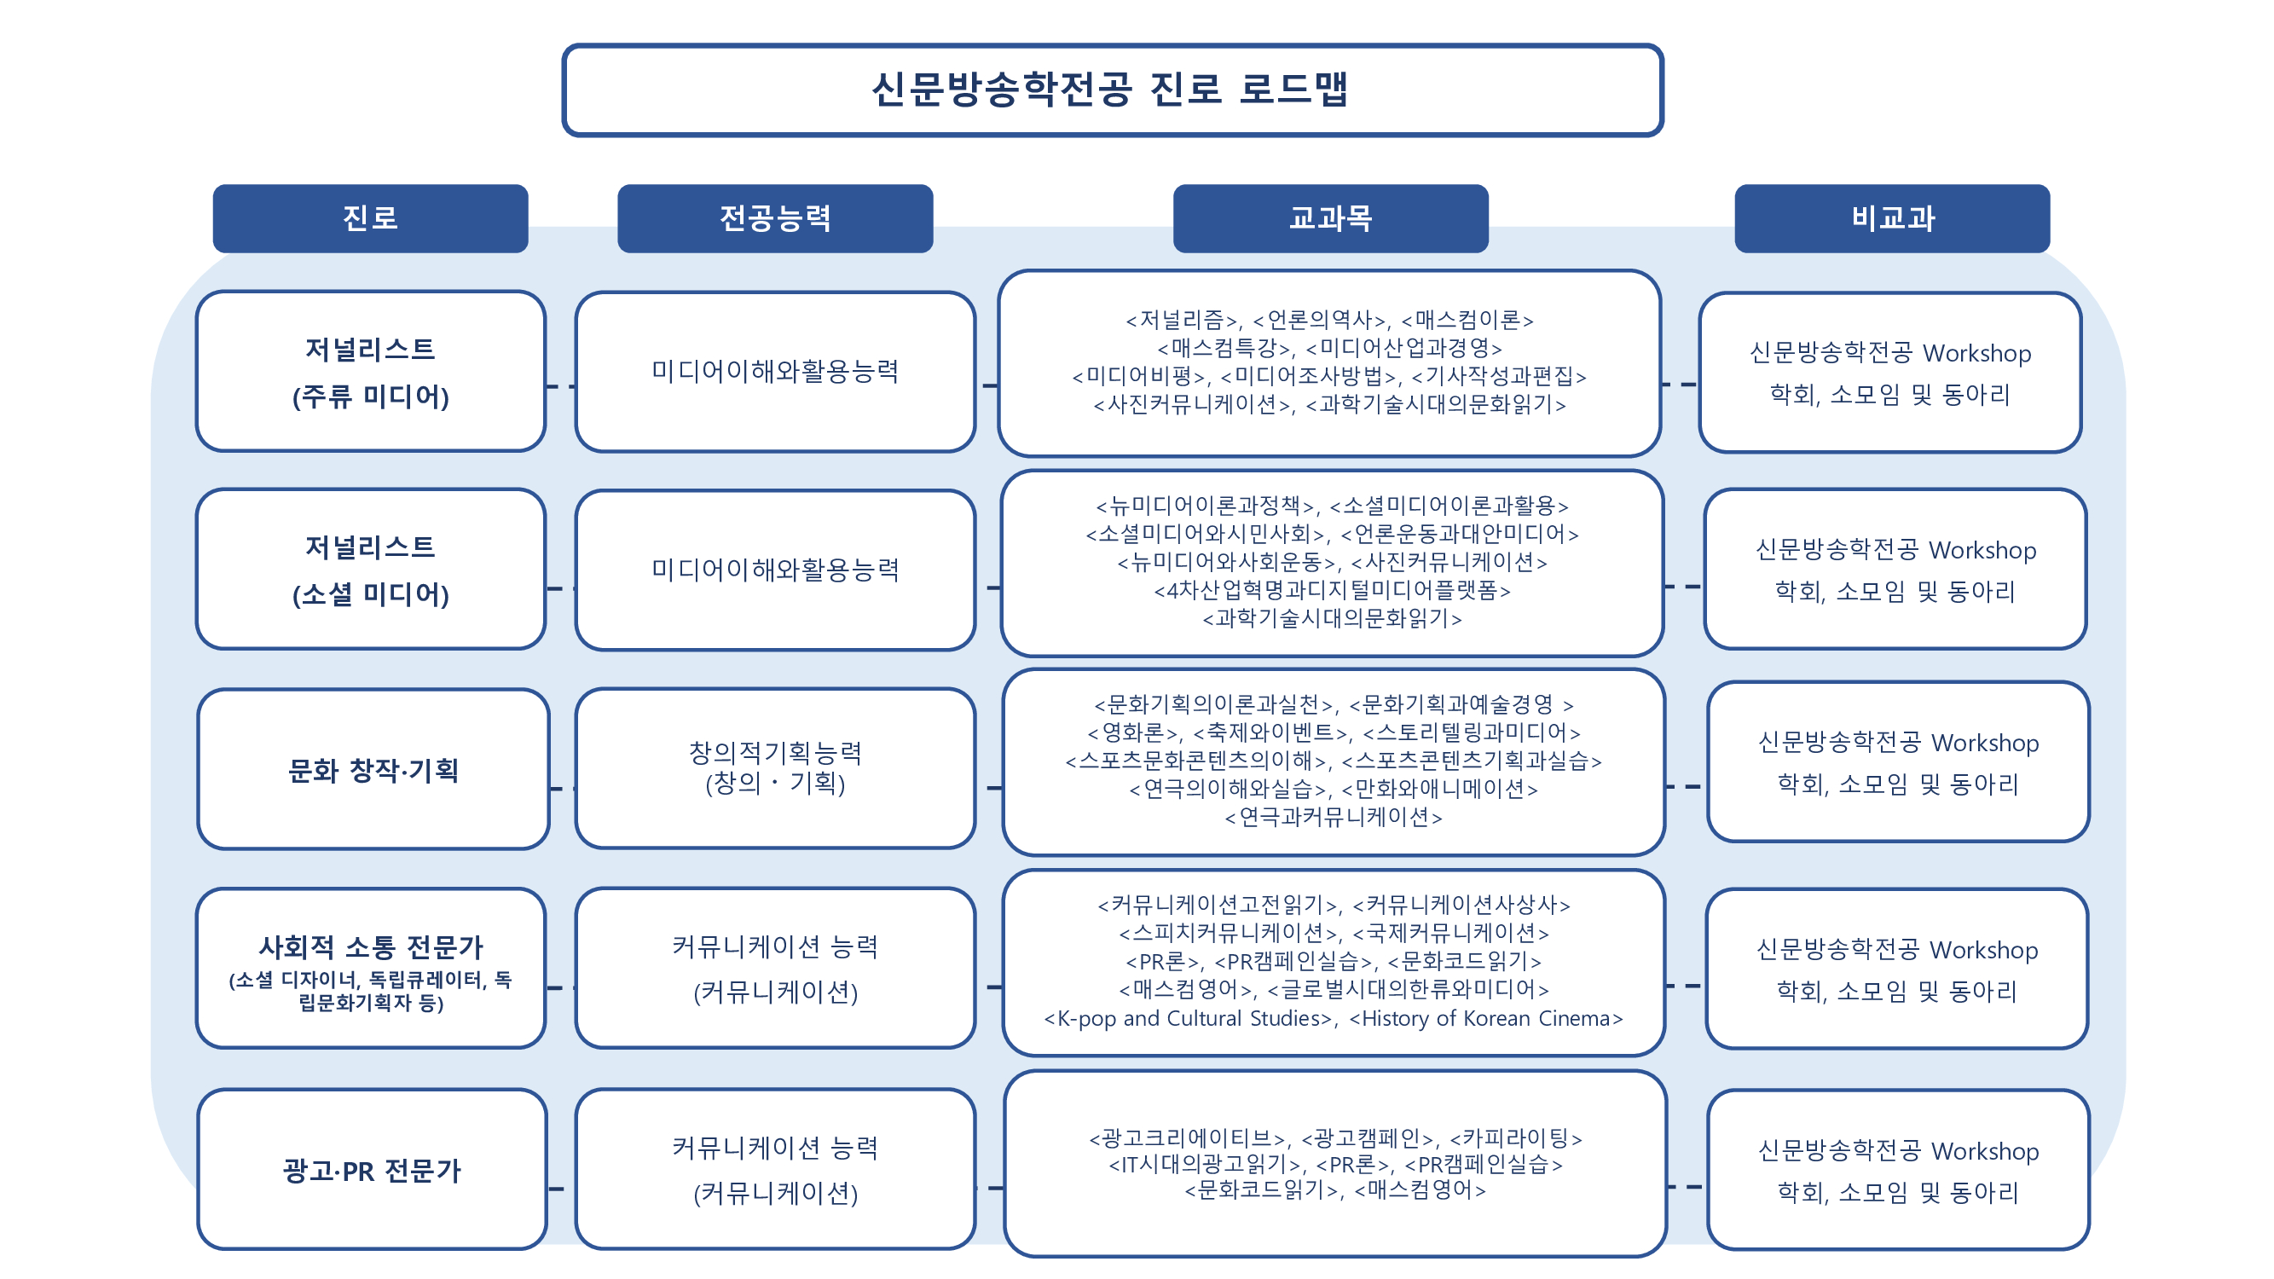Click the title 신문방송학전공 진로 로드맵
click(1109, 90)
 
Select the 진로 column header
click(370, 218)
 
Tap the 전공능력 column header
click(775, 218)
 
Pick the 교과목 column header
click(1330, 218)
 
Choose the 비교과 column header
click(1892, 218)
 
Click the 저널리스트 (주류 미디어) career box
click(371, 372)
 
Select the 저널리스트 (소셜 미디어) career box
click(371, 570)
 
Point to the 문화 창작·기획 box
click(373, 769)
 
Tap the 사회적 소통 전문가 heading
click(371, 947)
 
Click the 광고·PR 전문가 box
click(372, 1170)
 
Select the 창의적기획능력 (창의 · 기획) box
click(775, 768)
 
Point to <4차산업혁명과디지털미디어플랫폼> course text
click(1333, 590)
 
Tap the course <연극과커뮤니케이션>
click(1333, 818)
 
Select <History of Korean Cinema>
click(1485, 1019)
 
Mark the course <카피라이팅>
click(1516, 1137)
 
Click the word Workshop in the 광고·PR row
click(1985, 1151)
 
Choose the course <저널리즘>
click(1181, 320)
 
